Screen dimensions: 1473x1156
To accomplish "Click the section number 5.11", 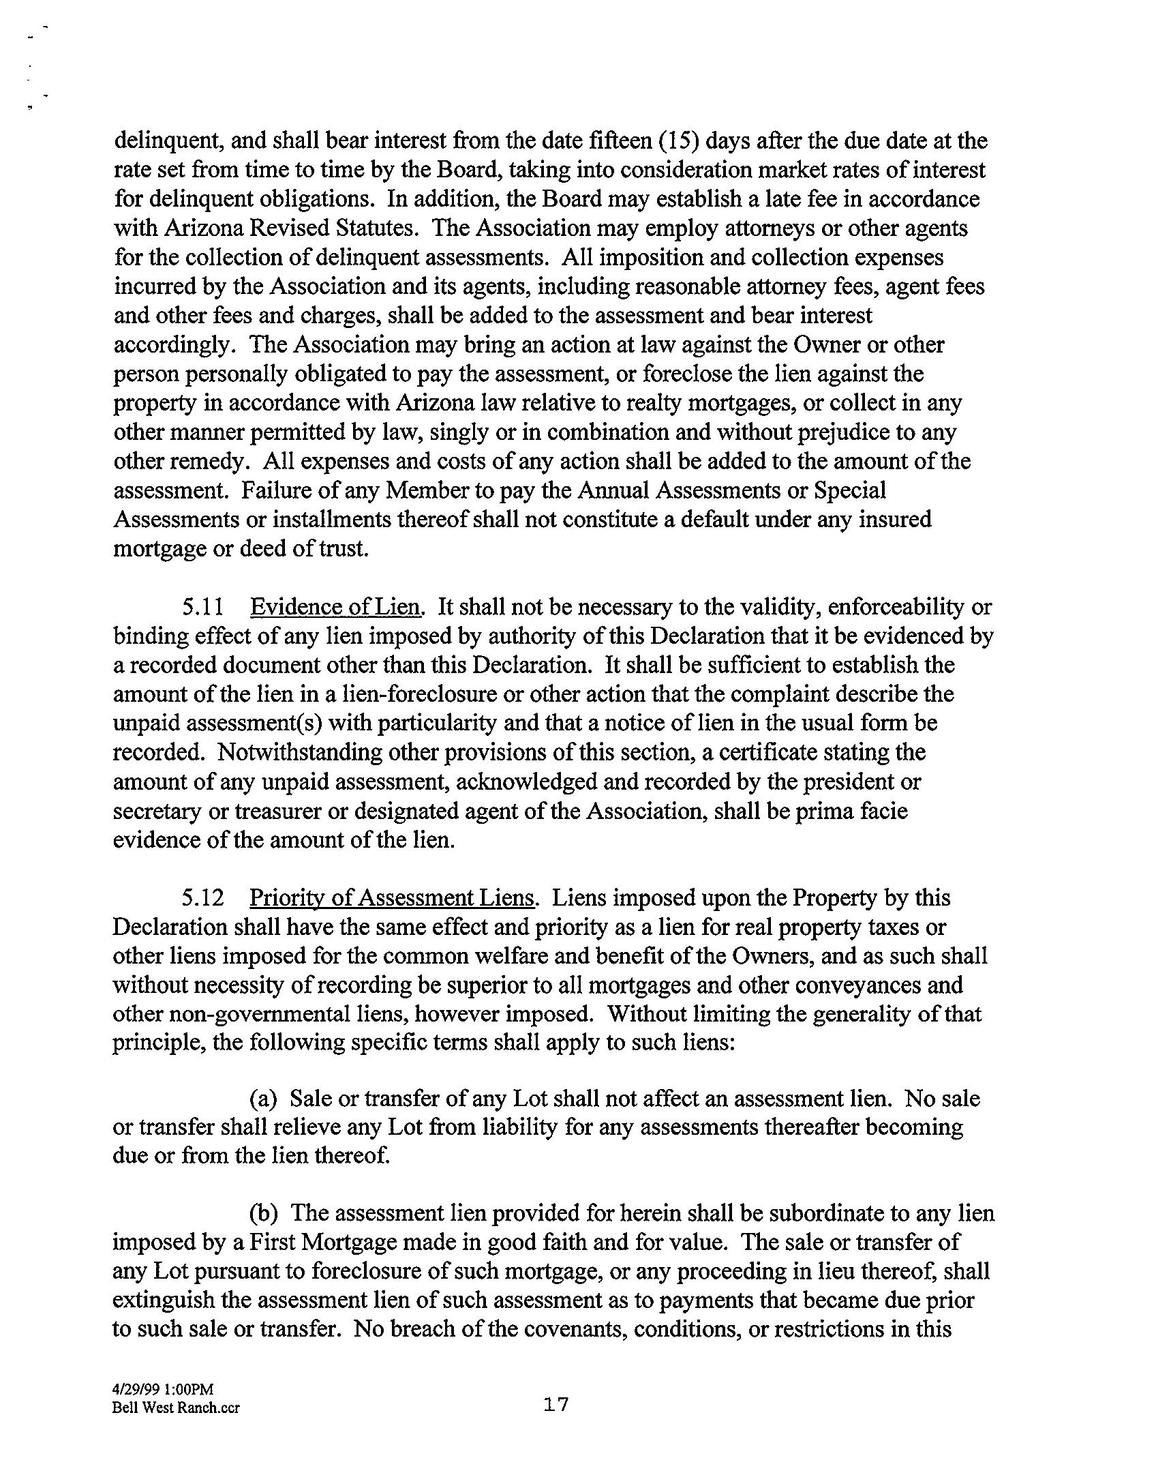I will pyautogui.click(x=203, y=606).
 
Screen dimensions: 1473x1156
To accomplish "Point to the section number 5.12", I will pyautogui.click(x=203, y=897).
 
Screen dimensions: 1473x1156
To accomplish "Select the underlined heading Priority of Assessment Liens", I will pyautogui.click(x=393, y=897).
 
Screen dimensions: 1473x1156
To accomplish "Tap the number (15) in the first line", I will pyautogui.click(x=676, y=140).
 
